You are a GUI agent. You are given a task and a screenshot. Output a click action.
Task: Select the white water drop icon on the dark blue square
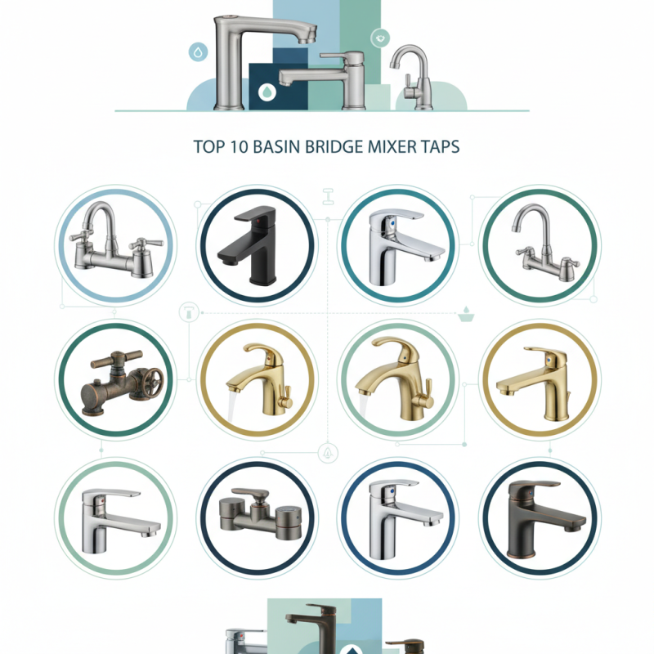(267, 92)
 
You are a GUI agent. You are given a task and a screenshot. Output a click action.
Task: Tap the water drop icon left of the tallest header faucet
(197, 52)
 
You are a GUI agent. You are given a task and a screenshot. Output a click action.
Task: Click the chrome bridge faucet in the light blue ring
(114, 241)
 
